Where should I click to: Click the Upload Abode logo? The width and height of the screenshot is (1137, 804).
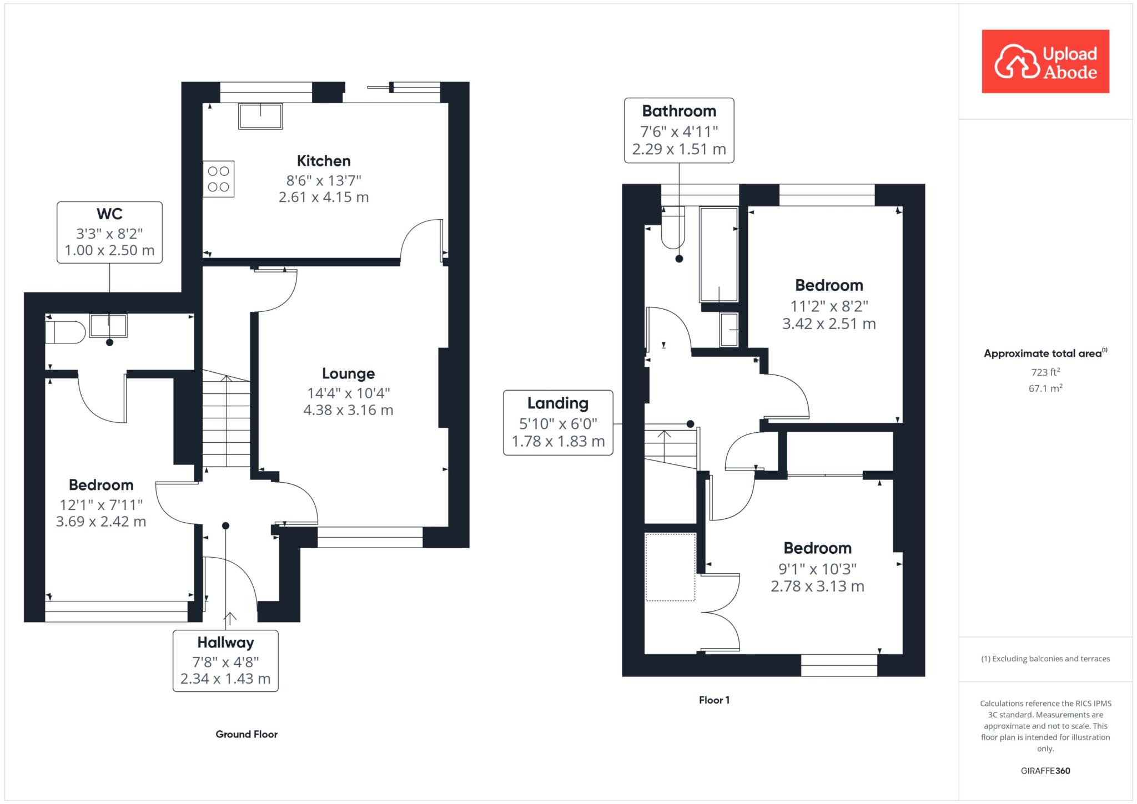(1045, 61)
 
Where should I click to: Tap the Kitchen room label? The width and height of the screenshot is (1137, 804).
(324, 161)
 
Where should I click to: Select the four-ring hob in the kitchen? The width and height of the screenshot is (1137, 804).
(219, 179)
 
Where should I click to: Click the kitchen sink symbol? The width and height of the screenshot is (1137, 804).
(260, 116)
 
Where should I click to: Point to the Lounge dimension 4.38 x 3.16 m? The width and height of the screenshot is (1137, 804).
(348, 410)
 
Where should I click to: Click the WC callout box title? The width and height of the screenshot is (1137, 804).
(109, 214)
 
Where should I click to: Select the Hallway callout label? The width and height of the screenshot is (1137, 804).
(225, 643)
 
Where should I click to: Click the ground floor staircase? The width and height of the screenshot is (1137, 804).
(226, 419)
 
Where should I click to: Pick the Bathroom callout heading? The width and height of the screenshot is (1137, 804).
(679, 111)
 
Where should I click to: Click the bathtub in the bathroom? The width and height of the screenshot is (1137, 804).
(719, 254)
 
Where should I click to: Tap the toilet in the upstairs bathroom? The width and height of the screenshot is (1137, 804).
(673, 227)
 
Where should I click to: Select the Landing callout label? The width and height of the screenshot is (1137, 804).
(558, 403)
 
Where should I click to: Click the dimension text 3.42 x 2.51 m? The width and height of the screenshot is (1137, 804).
(829, 323)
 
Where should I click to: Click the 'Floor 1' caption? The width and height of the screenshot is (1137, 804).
(715, 700)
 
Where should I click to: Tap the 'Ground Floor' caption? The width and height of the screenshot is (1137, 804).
(246, 734)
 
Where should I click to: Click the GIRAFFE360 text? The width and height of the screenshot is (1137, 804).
(1045, 771)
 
